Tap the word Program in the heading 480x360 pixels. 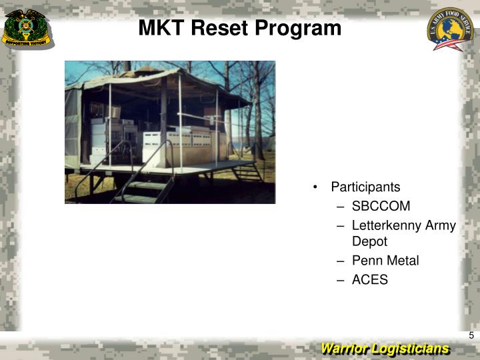point(301,28)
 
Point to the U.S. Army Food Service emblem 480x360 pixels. point(450,30)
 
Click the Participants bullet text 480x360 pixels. point(365,187)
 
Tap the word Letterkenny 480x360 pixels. point(387,225)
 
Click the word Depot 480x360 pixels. point(369,241)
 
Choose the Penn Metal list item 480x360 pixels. point(385,261)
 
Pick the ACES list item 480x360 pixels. point(369,280)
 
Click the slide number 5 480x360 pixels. point(471,335)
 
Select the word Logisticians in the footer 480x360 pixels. point(411,349)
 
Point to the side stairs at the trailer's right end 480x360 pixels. point(249,172)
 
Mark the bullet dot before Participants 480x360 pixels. point(314,187)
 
